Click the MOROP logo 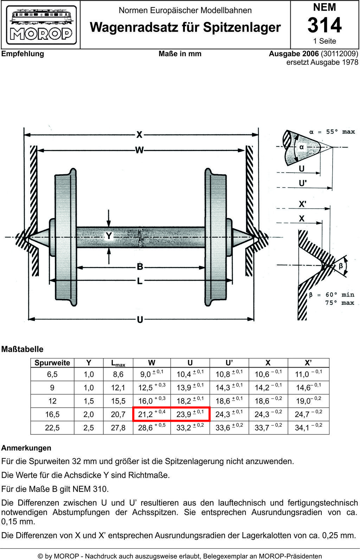coord(41,25)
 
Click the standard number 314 coord(324,25)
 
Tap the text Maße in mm coord(180,54)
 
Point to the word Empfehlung coord(23,54)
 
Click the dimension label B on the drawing coord(140,267)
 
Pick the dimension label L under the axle coord(140,281)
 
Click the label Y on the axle coord(109,235)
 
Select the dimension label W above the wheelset coord(140,150)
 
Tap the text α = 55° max coord(332,132)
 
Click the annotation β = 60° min coord(332,295)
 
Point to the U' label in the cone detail coord(303,184)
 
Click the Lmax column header coord(118,363)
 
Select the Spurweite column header coord(52,363)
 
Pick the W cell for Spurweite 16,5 coord(152,414)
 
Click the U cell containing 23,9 coord(190,414)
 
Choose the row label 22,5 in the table coord(52,428)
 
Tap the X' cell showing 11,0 coord(309,374)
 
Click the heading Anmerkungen coord(26,448)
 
